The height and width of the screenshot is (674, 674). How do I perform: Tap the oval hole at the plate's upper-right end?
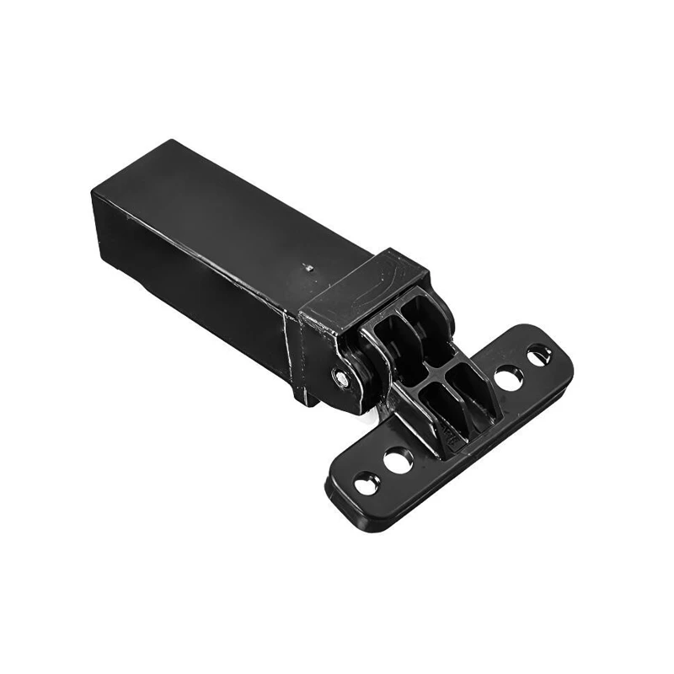click(x=537, y=355)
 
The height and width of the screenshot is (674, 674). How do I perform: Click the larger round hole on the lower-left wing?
click(x=398, y=460)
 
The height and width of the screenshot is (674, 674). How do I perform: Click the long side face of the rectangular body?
click(x=211, y=286)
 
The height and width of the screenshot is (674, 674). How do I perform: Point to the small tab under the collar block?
click(x=312, y=396)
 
